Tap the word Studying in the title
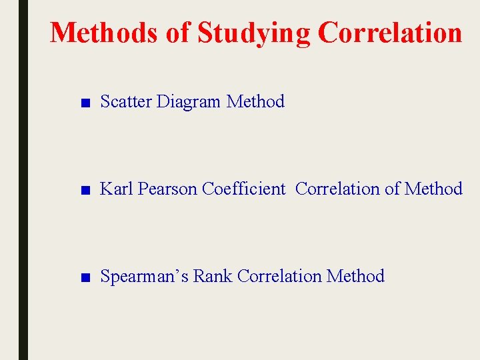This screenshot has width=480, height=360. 254,32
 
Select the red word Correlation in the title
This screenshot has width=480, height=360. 389,32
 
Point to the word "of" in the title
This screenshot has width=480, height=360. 178,32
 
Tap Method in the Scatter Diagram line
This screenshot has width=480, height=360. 255,101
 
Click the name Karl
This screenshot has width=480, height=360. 117,189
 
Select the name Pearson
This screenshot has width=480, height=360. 168,189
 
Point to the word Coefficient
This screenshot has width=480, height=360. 243,189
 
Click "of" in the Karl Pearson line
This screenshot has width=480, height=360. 393,189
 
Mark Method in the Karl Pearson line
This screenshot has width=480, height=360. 433,189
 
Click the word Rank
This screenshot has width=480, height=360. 213,276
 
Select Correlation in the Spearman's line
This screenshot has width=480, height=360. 280,276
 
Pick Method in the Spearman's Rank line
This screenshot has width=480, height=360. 356,276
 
